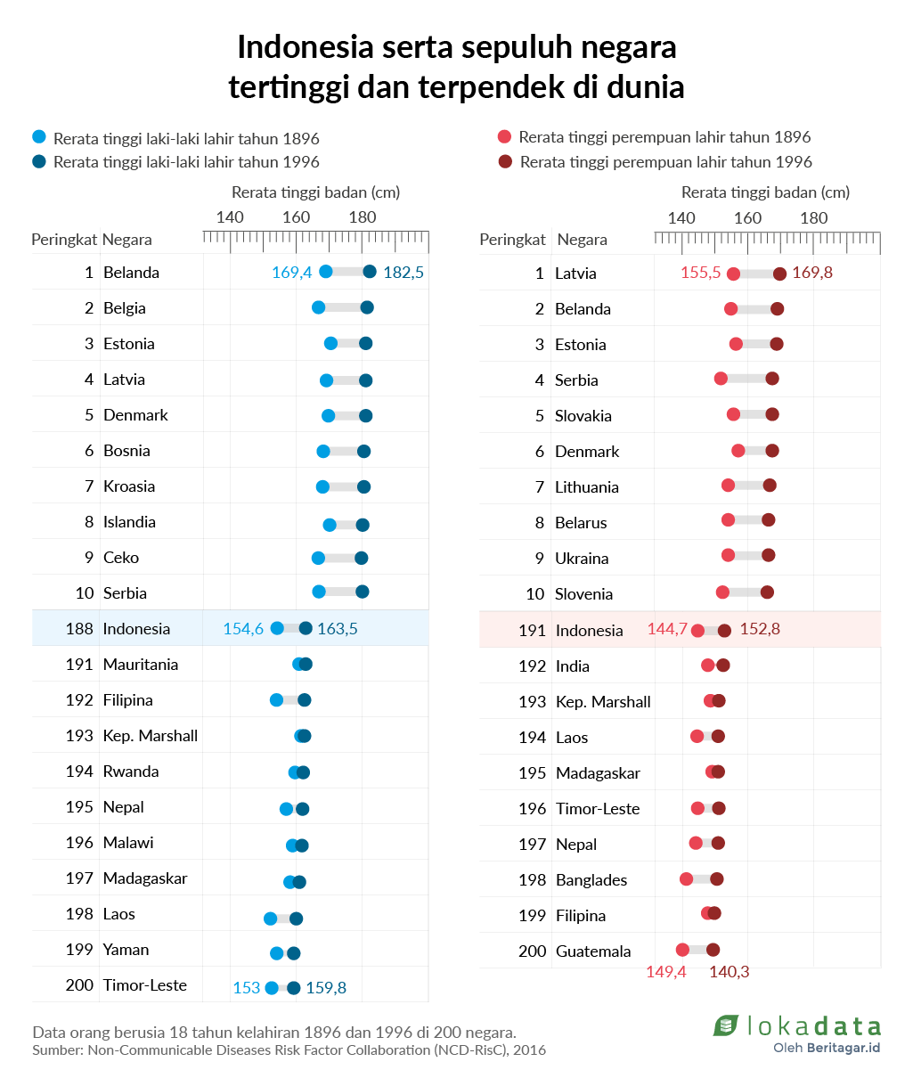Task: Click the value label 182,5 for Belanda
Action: (x=404, y=273)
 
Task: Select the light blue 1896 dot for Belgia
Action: (x=319, y=307)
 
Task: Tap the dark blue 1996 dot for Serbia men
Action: (x=363, y=592)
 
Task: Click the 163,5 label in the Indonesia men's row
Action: (x=338, y=629)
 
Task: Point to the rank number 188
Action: (x=79, y=629)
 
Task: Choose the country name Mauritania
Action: (x=141, y=665)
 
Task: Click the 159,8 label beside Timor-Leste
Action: (x=326, y=988)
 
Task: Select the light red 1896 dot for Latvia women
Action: (x=733, y=274)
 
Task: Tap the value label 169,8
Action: (x=812, y=273)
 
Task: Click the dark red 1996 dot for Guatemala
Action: (x=713, y=950)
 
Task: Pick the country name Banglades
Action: (x=591, y=880)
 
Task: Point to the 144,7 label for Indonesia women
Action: (x=667, y=629)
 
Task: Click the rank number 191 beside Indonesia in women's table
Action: (x=532, y=631)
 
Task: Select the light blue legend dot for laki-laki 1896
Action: (x=39, y=137)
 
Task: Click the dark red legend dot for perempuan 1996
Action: (x=505, y=161)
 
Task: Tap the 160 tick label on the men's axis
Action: (x=297, y=217)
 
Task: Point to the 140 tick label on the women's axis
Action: (x=681, y=218)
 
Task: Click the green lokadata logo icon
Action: (x=726, y=1025)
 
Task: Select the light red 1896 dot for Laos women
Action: (x=697, y=736)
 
